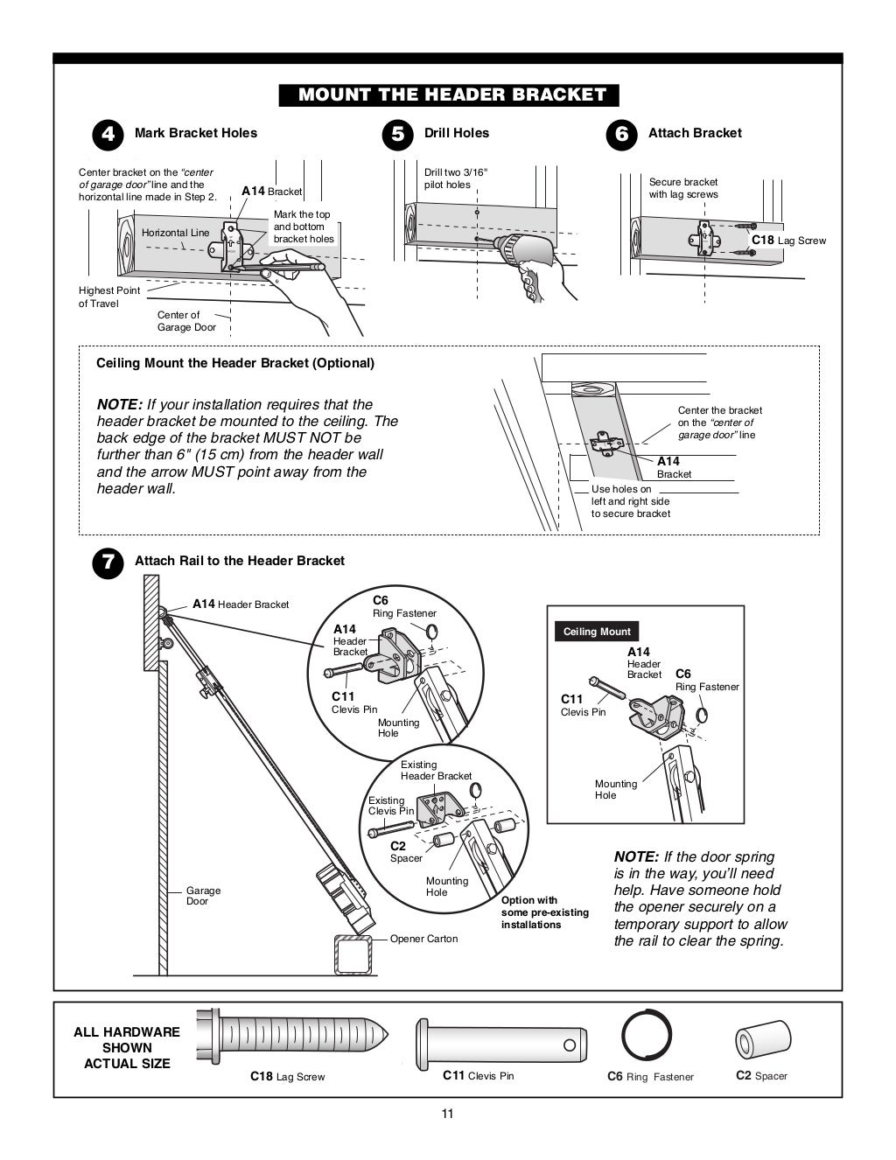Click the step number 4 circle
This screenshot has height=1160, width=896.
[107, 134]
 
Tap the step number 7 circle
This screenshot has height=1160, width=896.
[107, 562]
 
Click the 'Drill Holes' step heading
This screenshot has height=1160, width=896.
[456, 133]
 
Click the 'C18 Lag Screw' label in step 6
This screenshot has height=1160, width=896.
[787, 241]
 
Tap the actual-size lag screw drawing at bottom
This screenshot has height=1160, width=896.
[293, 1037]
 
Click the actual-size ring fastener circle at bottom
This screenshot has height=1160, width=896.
[647, 1036]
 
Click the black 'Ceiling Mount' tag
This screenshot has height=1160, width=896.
[597, 632]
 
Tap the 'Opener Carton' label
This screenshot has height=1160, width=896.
[423, 939]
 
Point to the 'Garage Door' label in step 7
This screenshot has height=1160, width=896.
[203, 896]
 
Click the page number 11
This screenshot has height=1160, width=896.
[447, 1114]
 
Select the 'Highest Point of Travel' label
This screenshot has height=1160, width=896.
[109, 297]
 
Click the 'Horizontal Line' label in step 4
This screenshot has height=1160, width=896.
[175, 233]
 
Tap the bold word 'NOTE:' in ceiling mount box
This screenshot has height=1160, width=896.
[120, 405]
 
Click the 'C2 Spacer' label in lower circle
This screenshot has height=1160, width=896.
[405, 852]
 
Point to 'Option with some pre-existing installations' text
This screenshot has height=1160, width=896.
[544, 912]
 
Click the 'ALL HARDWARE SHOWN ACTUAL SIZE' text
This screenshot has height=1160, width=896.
[127, 1047]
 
